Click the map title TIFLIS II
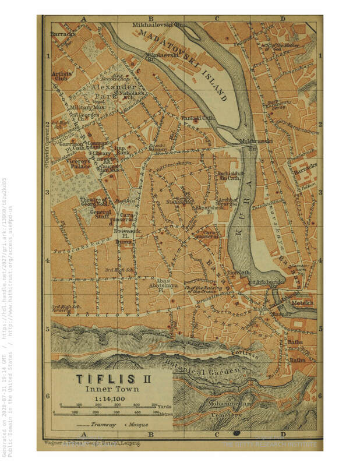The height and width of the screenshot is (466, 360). (111, 379)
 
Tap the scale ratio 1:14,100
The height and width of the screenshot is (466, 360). (111, 398)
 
